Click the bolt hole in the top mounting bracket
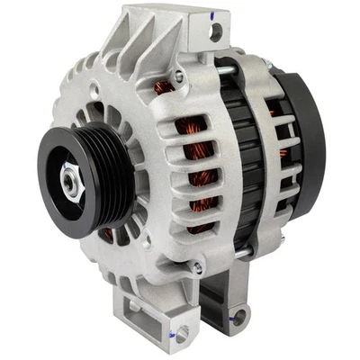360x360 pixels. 216,33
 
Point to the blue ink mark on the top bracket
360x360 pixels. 204,14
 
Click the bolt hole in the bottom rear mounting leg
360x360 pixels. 239,314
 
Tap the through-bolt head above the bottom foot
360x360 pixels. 197,267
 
